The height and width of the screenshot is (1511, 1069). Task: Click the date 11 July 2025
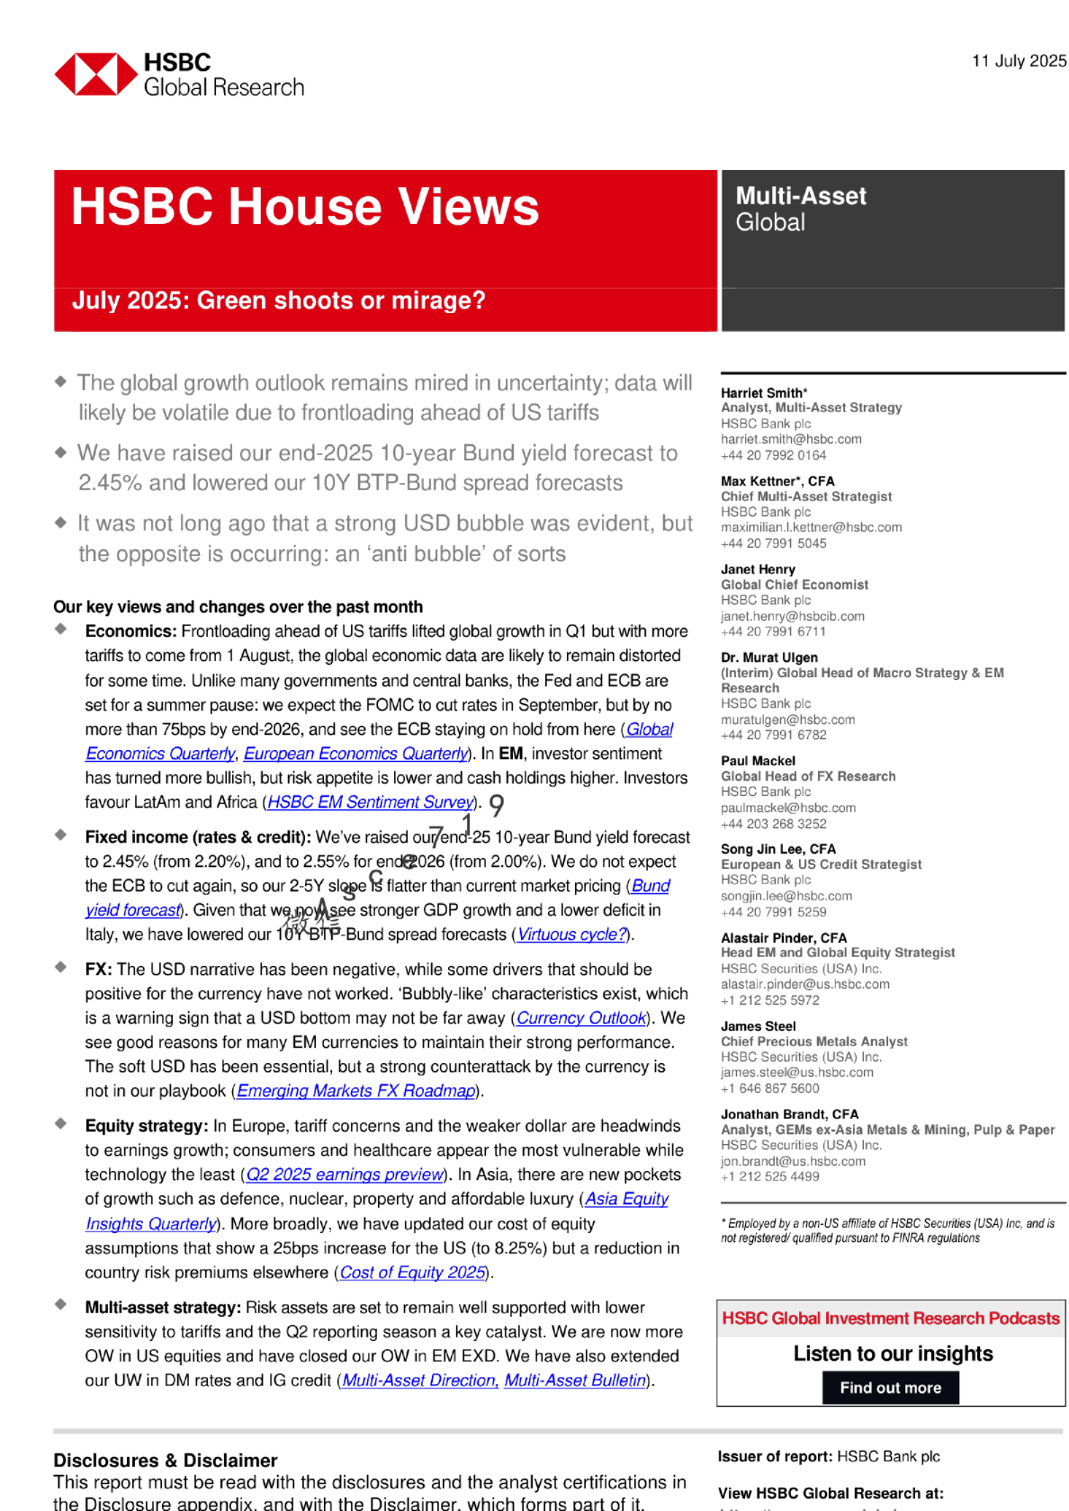[1019, 61]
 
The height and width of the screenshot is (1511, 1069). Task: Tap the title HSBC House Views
[305, 207]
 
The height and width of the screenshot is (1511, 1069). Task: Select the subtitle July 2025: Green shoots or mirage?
[278, 300]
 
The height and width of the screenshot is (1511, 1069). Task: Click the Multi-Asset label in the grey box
[801, 196]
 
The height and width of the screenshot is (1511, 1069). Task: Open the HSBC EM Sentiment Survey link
[371, 802]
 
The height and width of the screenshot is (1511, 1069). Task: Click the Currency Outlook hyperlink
[581, 1018]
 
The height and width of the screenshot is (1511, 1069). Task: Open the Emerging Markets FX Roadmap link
[355, 1091]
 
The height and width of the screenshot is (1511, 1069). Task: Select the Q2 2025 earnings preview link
[345, 1175]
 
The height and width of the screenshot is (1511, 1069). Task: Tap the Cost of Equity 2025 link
[413, 1273]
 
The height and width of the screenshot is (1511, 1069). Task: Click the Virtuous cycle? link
[571, 934]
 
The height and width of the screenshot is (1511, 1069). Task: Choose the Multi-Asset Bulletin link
[575, 1381]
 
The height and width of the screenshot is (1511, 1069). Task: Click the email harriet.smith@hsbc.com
[791, 439]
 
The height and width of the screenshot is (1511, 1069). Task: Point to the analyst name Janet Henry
[758, 569]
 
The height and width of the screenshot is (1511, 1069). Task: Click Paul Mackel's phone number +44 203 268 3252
[773, 824]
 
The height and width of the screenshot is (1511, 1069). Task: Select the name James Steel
[758, 1026]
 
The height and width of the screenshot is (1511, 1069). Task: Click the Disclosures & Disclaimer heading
[166, 1461]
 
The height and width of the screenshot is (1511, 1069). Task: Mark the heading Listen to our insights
[893, 1354]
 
